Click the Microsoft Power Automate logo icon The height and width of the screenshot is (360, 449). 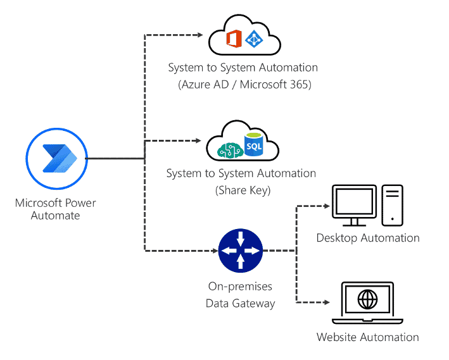pos(57,159)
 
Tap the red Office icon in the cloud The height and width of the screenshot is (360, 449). pos(234,39)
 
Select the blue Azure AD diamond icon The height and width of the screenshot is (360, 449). pos(254,39)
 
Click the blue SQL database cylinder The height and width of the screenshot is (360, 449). pos(253,144)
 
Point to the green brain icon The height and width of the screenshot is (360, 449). pos(231,151)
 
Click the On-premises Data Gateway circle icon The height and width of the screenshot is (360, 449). pos(241,251)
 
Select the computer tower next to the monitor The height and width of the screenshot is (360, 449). pos(392,205)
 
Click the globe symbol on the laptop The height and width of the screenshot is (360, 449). pos(367,299)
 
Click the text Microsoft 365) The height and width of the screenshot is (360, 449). pos(275,85)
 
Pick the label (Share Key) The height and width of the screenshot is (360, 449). pos(243,190)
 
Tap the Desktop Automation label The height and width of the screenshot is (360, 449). pos(368,238)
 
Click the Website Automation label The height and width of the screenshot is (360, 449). pos(368,337)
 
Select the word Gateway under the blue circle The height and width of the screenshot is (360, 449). pos(253,304)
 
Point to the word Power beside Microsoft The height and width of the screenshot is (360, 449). pos(80,203)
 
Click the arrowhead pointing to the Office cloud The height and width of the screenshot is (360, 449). pos(200,35)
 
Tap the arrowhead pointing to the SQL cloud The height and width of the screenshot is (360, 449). pos(198,140)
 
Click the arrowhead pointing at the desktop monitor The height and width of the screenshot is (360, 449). pos(326,206)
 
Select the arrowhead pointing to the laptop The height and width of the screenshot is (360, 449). pos(326,302)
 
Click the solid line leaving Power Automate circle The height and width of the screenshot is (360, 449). pos(115,158)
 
